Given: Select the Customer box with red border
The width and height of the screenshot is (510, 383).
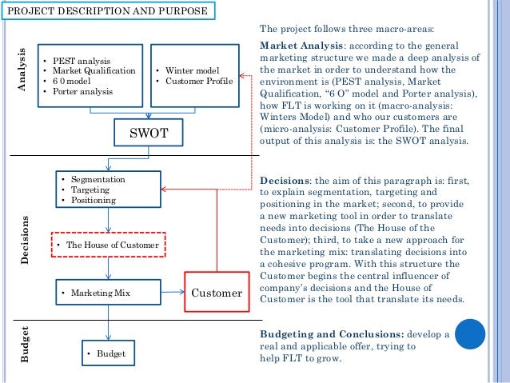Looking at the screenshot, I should point(216,293).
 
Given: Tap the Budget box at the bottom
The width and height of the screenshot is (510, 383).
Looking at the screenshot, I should point(107,352).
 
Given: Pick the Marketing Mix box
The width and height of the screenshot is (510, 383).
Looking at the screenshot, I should point(107,293).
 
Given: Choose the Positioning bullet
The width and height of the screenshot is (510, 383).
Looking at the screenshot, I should point(94,201).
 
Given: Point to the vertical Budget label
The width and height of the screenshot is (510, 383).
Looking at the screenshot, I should point(25,346).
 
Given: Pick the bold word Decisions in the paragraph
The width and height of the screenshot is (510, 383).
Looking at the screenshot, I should point(285,181).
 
